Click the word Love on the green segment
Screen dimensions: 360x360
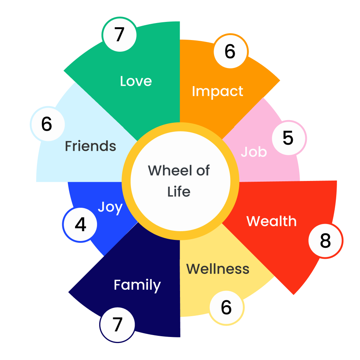click(136, 81)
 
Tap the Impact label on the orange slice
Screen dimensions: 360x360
click(217, 91)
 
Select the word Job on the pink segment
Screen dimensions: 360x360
click(254, 152)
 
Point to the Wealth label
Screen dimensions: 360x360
click(271, 221)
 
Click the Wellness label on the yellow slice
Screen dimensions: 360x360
click(218, 269)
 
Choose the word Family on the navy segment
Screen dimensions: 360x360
click(137, 285)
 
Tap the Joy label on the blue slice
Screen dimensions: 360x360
click(110, 207)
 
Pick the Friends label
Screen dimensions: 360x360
click(91, 146)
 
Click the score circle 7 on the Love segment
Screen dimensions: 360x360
click(119, 34)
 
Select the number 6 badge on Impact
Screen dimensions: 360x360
click(230, 52)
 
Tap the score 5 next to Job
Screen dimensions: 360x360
click(288, 138)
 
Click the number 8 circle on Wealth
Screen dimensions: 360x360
click(325, 241)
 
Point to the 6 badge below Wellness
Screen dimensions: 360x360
click(226, 307)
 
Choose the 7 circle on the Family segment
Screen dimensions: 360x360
click(118, 324)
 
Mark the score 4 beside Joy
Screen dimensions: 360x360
click(80, 225)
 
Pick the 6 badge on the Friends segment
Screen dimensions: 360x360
click(47, 124)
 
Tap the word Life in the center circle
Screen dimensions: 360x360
click(179, 192)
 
